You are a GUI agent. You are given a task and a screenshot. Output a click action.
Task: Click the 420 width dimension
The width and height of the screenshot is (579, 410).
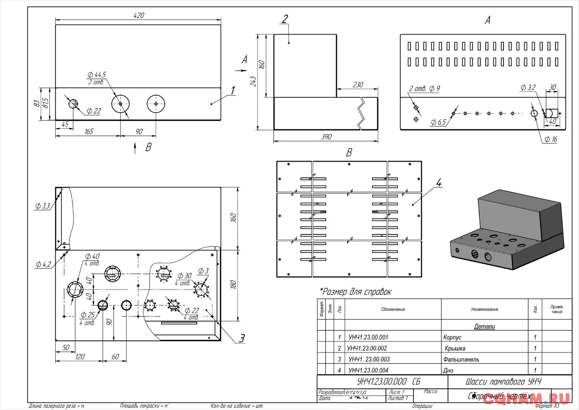point(138,16)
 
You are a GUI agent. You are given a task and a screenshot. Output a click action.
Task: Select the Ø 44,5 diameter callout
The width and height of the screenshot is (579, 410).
point(97,75)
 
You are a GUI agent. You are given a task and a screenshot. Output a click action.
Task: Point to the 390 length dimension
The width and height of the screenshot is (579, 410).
point(325,137)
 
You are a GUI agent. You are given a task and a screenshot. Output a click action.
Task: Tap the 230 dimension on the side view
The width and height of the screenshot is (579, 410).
point(357,85)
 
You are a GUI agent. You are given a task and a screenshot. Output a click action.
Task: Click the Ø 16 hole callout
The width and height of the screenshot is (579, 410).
point(551,139)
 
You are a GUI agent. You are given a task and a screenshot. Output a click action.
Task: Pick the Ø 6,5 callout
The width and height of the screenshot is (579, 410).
point(438,122)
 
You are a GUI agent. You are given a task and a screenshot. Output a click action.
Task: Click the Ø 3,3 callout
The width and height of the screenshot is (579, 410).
point(43,206)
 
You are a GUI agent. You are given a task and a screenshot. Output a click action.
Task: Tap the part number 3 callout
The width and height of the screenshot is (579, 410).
point(242,338)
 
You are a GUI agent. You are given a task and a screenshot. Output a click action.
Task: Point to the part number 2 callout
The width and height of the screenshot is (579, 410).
point(285,19)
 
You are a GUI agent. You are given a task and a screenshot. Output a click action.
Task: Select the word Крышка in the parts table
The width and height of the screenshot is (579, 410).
point(455,348)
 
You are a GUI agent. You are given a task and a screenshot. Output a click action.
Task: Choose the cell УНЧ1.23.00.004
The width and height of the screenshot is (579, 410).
point(368,371)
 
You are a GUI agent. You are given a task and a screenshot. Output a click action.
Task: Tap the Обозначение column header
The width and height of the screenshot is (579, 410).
point(393,310)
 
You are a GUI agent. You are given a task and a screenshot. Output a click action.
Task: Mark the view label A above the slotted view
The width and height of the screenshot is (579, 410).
point(487,20)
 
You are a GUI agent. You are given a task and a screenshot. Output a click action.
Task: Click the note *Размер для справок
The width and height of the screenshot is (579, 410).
point(356,292)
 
